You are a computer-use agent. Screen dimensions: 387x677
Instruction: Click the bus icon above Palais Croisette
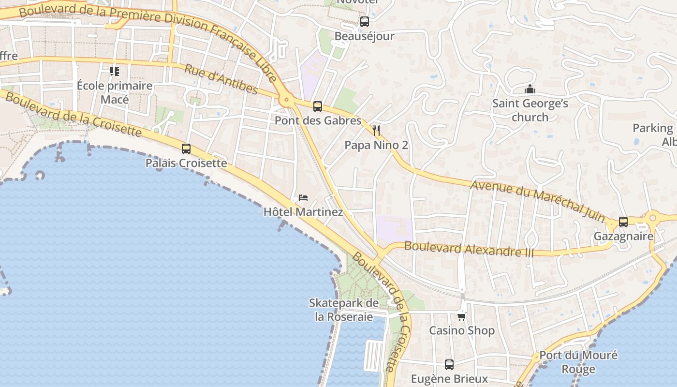pos(186,149)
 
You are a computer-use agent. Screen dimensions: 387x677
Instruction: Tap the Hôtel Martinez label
pos(303,212)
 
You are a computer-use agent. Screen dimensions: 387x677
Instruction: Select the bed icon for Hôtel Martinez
pos(303,197)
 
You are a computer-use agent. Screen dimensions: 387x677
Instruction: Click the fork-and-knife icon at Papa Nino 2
pos(376,130)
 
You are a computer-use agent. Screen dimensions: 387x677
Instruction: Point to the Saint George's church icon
pos(530,89)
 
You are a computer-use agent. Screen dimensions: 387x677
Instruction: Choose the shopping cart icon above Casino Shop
pos(462,316)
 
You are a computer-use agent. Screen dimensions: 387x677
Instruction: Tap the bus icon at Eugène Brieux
pos(449,364)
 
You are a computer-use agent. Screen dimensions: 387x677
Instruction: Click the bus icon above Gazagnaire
pos(623,222)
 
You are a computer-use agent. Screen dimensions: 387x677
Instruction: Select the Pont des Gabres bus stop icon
pos(318,106)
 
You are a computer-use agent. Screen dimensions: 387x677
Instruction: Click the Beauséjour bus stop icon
pos(365,22)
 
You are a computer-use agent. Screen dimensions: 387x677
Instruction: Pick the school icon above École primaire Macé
pos(115,72)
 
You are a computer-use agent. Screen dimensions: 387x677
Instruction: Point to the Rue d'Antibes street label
pos(221,79)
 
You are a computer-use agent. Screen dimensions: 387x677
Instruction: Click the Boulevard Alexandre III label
pos(469,249)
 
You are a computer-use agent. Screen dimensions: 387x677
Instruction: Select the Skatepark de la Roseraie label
pos(344,310)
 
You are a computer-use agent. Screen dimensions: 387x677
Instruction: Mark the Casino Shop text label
pos(462,331)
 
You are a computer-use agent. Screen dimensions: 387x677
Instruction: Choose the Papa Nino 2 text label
pos(376,145)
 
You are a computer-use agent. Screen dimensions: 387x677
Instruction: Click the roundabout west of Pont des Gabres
pos(286,101)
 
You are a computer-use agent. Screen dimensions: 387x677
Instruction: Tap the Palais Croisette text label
pos(186,163)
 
